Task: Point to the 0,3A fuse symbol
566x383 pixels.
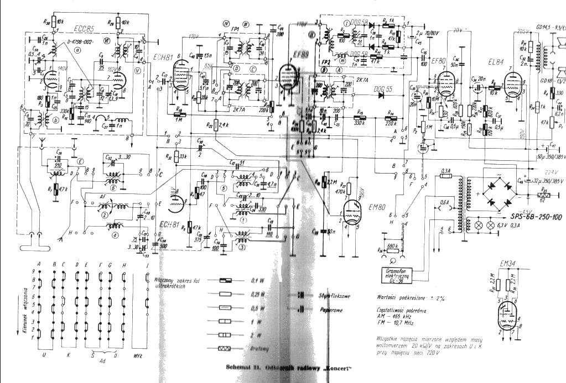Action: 445,176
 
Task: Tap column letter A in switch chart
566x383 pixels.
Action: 39,264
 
